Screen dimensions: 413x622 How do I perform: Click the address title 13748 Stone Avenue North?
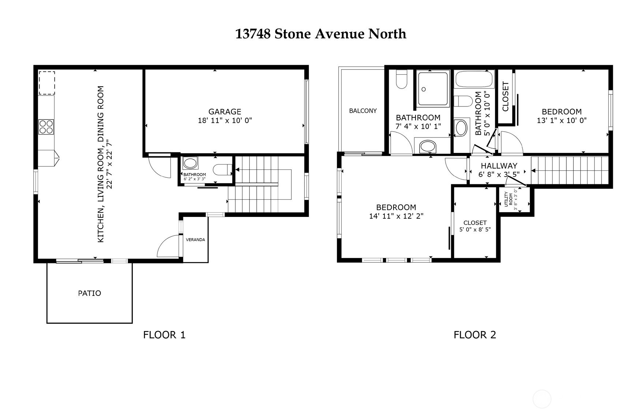320,34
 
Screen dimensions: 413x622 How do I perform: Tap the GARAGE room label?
224,112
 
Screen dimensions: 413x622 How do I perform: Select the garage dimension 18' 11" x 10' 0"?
224,120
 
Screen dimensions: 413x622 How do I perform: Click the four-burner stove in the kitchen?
46,127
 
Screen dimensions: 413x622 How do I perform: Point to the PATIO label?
90,293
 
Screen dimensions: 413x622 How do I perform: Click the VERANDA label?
195,240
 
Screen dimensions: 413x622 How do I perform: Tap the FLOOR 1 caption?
164,334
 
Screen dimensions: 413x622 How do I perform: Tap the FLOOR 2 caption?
474,334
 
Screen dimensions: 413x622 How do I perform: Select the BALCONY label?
362,110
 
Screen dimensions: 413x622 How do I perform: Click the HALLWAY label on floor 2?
499,166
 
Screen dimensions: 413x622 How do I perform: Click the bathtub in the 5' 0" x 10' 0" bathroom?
474,79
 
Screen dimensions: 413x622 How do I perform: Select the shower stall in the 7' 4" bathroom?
433,89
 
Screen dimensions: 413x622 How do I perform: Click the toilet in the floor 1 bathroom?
222,170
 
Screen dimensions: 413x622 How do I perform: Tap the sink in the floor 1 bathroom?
190,163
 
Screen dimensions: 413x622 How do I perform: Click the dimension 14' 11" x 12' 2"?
396,216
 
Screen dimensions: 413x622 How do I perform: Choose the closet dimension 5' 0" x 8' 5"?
475,229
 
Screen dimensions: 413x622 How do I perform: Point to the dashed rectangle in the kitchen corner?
47,83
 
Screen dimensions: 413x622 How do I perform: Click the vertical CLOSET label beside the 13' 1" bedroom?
506,97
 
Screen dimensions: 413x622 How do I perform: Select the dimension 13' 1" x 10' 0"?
562,120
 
